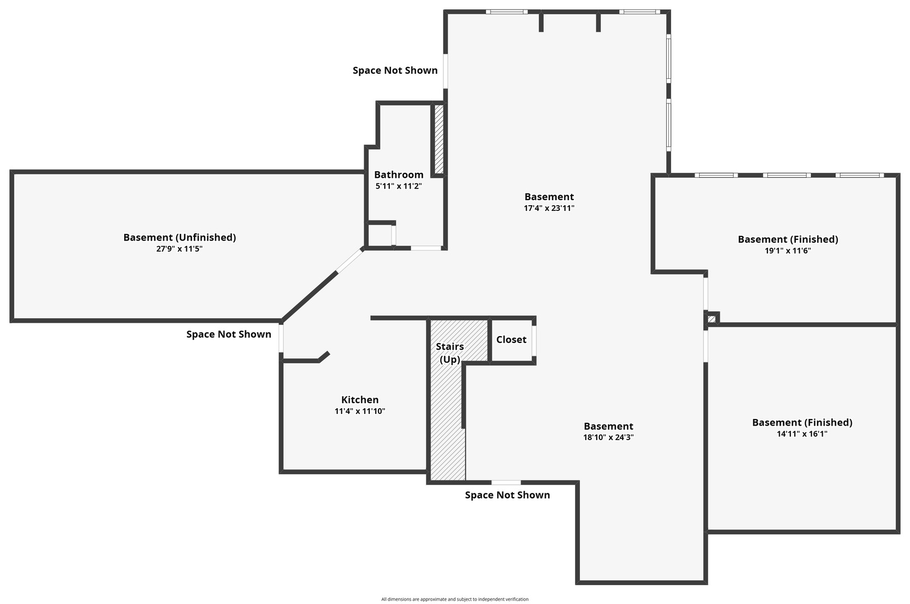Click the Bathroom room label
pyautogui.click(x=399, y=174)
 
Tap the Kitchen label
pyautogui.click(x=360, y=400)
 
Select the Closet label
pyautogui.click(x=511, y=339)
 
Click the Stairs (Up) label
pyautogui.click(x=450, y=353)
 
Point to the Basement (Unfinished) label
pyautogui.click(x=180, y=237)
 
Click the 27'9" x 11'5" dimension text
pyautogui.click(x=179, y=248)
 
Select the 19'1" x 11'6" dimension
pyautogui.click(x=788, y=251)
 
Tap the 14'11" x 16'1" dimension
pyautogui.click(x=802, y=434)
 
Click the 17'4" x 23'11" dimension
pyautogui.click(x=549, y=209)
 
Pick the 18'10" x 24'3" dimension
pyautogui.click(x=608, y=437)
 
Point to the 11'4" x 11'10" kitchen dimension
pyautogui.click(x=360, y=411)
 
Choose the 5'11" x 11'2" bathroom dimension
pyautogui.click(x=399, y=186)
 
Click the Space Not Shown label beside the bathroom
pyautogui.click(x=395, y=70)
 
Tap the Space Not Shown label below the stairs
pyautogui.click(x=507, y=495)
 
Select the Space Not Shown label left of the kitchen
pyautogui.click(x=229, y=334)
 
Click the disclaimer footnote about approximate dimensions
pyautogui.click(x=455, y=599)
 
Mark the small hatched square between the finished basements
pyautogui.click(x=711, y=319)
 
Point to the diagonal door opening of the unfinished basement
pyautogui.click(x=350, y=261)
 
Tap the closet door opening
pyautogui.click(x=534, y=341)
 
